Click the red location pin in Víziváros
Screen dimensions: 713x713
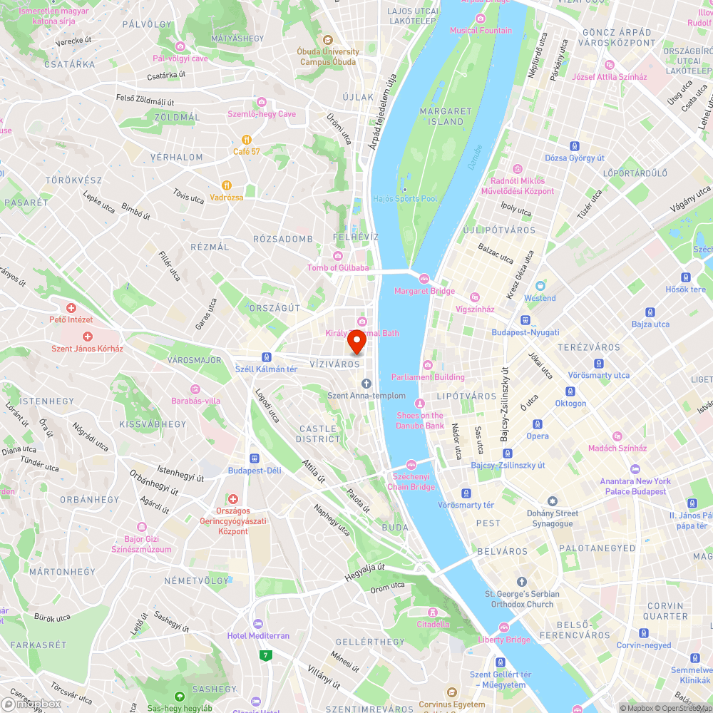point(356,343)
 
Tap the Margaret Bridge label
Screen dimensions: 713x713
point(424,291)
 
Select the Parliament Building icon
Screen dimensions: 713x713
point(428,365)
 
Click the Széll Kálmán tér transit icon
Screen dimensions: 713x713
point(266,356)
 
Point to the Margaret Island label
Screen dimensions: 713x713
point(446,116)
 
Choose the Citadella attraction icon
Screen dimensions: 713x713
point(433,612)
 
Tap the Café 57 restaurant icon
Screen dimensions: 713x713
point(246,140)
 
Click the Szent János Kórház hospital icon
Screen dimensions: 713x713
point(88,337)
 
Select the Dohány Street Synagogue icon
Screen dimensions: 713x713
point(552,501)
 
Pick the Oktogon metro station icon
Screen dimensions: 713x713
point(570,391)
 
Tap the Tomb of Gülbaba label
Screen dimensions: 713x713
point(338,267)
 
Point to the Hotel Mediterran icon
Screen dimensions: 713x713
point(257,623)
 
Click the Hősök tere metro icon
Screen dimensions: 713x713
point(686,277)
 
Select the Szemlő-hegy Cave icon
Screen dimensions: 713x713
point(261,102)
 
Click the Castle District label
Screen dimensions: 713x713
point(318,434)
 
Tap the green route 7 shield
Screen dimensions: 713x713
point(267,655)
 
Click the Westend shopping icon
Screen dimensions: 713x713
point(540,286)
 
